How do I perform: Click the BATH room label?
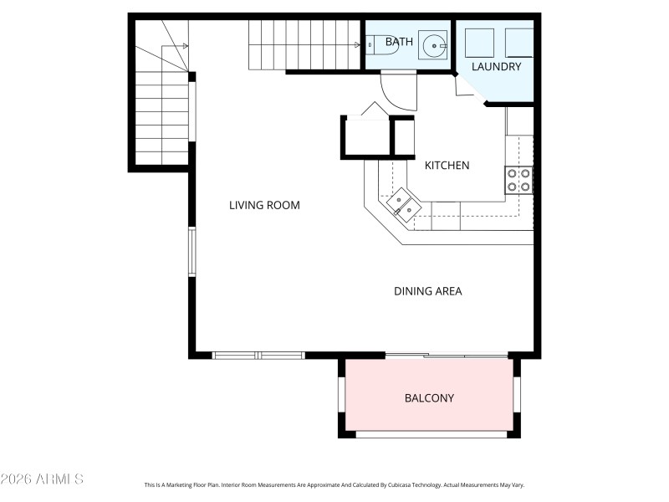pyautogui.click(x=399, y=41)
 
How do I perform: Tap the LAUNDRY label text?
pyautogui.click(x=496, y=66)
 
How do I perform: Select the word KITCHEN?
pyautogui.click(x=447, y=166)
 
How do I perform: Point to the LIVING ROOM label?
pyautogui.click(x=264, y=205)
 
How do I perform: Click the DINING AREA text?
pyautogui.click(x=427, y=291)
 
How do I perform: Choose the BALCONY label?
pyautogui.click(x=429, y=398)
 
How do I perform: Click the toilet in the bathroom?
pyautogui.click(x=381, y=44)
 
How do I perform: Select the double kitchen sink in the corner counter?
pyautogui.click(x=401, y=204)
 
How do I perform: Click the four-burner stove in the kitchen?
pyautogui.click(x=519, y=180)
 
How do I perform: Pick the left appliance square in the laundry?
pyautogui.click(x=479, y=42)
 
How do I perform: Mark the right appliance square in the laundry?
pyautogui.click(x=518, y=42)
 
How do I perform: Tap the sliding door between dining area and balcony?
pyautogui.click(x=447, y=356)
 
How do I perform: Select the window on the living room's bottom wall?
pyautogui.click(x=258, y=356)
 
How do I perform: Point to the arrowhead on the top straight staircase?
pyautogui.click(x=356, y=46)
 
